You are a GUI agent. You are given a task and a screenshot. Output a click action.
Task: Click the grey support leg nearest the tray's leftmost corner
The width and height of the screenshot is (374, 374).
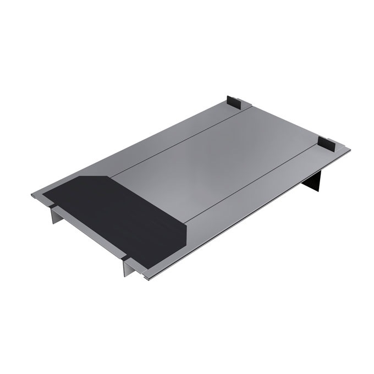point(54,215)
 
